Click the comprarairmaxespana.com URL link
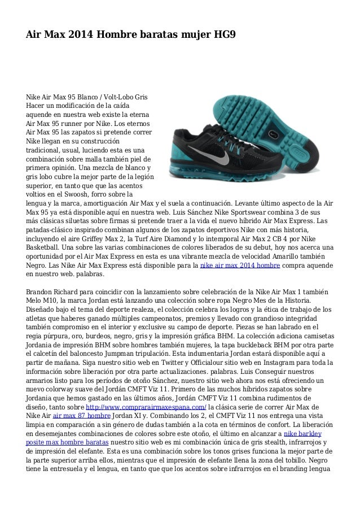click(148, 407)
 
